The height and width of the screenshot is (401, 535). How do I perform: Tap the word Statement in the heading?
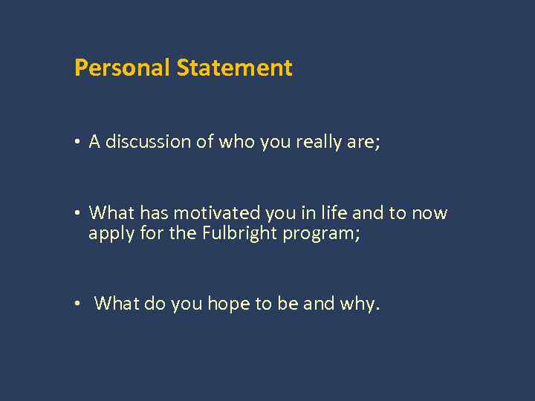(x=234, y=68)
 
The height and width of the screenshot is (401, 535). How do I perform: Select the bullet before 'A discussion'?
(x=78, y=143)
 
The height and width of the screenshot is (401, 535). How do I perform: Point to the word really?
(x=319, y=142)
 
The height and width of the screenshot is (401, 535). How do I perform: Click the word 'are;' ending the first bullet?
(x=363, y=142)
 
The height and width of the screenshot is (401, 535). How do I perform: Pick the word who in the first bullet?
(x=237, y=142)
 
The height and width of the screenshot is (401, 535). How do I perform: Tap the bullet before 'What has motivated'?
(x=78, y=214)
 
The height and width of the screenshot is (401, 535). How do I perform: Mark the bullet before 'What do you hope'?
(x=78, y=304)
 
